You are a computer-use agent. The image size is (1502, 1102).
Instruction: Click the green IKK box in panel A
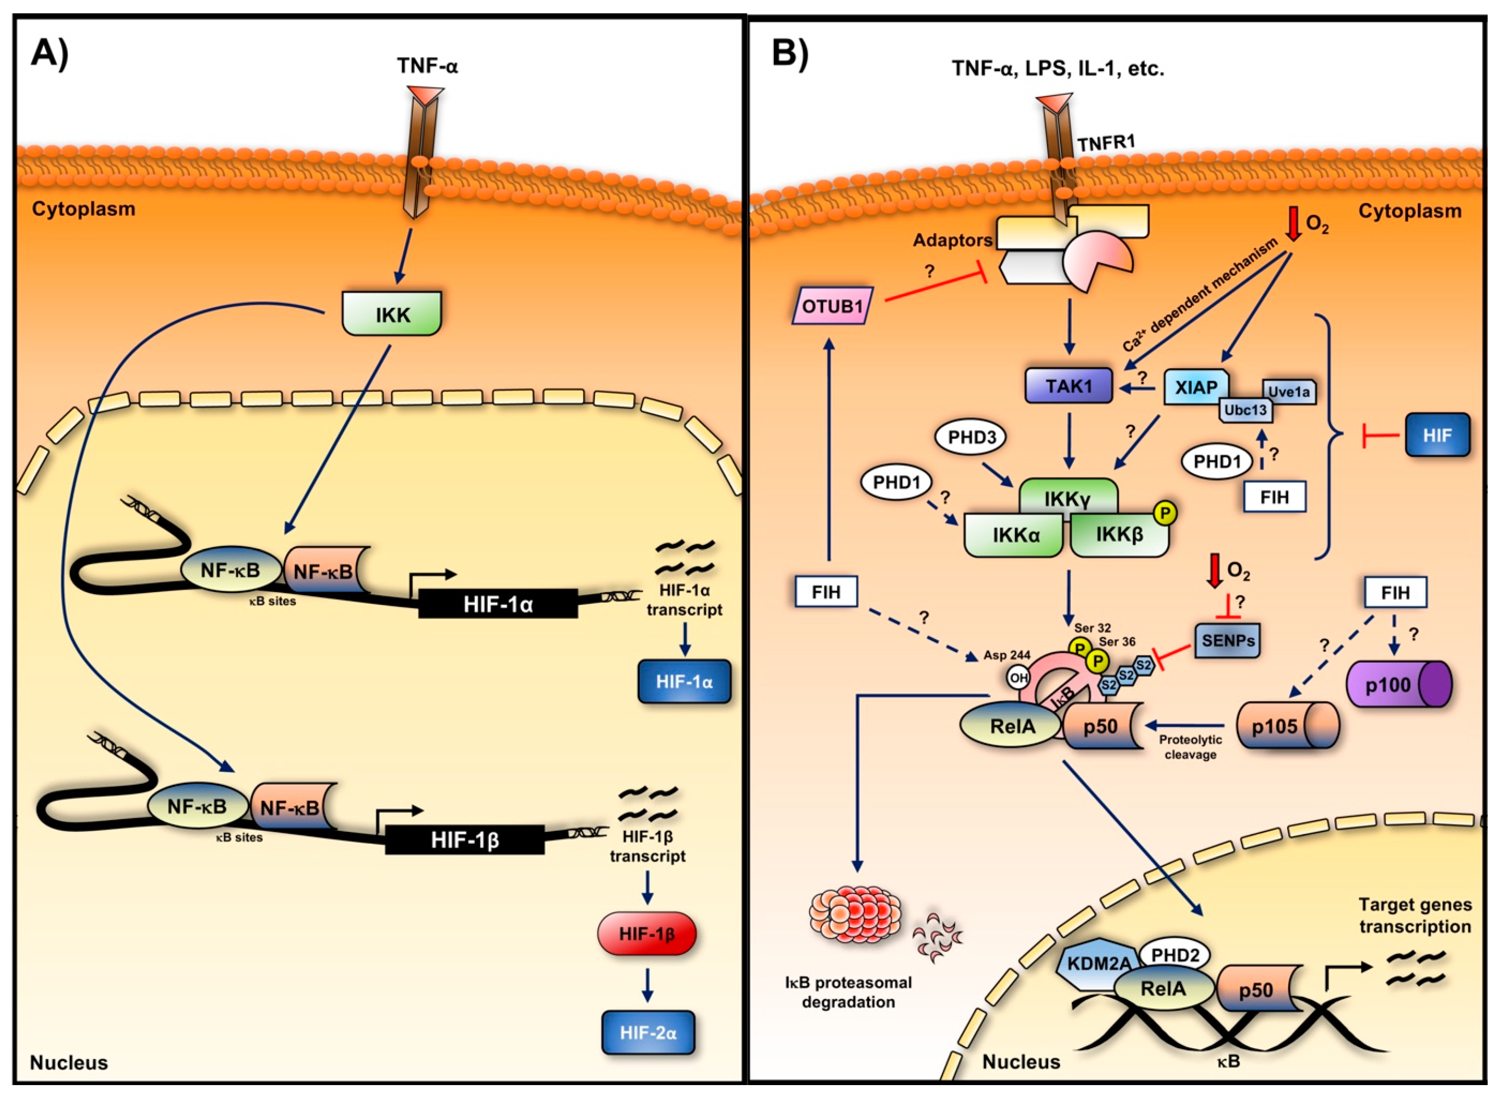click(392, 314)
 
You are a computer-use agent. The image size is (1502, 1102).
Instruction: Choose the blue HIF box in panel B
click(1436, 435)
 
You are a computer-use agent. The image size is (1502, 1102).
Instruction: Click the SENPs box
click(1228, 640)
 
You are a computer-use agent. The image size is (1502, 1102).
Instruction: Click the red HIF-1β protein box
click(647, 934)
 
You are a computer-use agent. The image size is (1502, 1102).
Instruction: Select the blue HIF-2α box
click(647, 1033)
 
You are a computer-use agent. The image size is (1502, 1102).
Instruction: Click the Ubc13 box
click(1245, 410)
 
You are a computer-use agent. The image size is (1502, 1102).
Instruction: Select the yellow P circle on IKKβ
click(1165, 513)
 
